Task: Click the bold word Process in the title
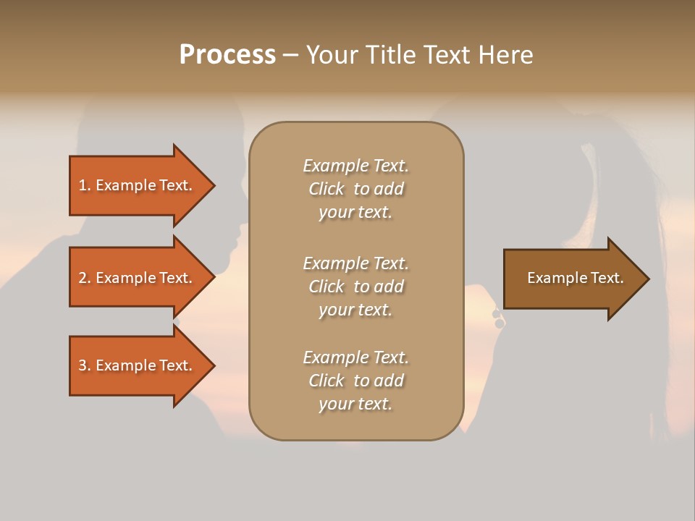pos(227,55)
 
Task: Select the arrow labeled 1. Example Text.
pos(138,185)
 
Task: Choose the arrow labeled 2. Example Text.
pos(138,278)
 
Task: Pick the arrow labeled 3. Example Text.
pos(138,365)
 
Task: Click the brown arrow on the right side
pos(572,279)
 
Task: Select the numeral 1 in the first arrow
pos(83,185)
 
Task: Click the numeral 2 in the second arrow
pos(83,278)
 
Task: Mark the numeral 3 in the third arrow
pos(83,365)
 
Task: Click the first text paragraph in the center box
pos(355,189)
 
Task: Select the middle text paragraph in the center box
pos(355,287)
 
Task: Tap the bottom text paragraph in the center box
pos(355,381)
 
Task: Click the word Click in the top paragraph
pos(327,189)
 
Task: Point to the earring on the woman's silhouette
pos(498,318)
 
